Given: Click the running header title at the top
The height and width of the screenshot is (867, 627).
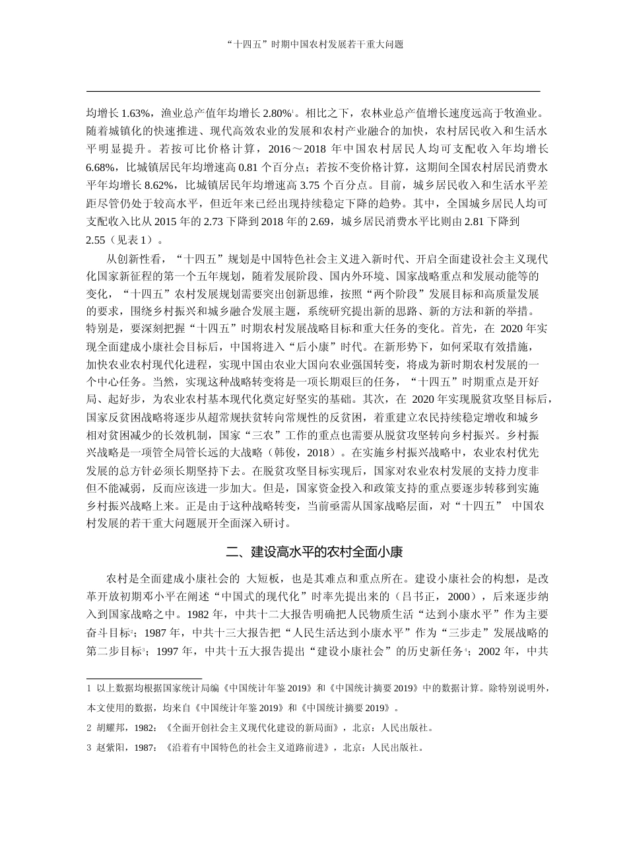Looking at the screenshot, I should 313,45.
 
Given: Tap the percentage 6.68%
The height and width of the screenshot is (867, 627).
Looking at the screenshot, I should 101,167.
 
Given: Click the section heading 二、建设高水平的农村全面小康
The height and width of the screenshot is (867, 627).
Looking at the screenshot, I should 313,551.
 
